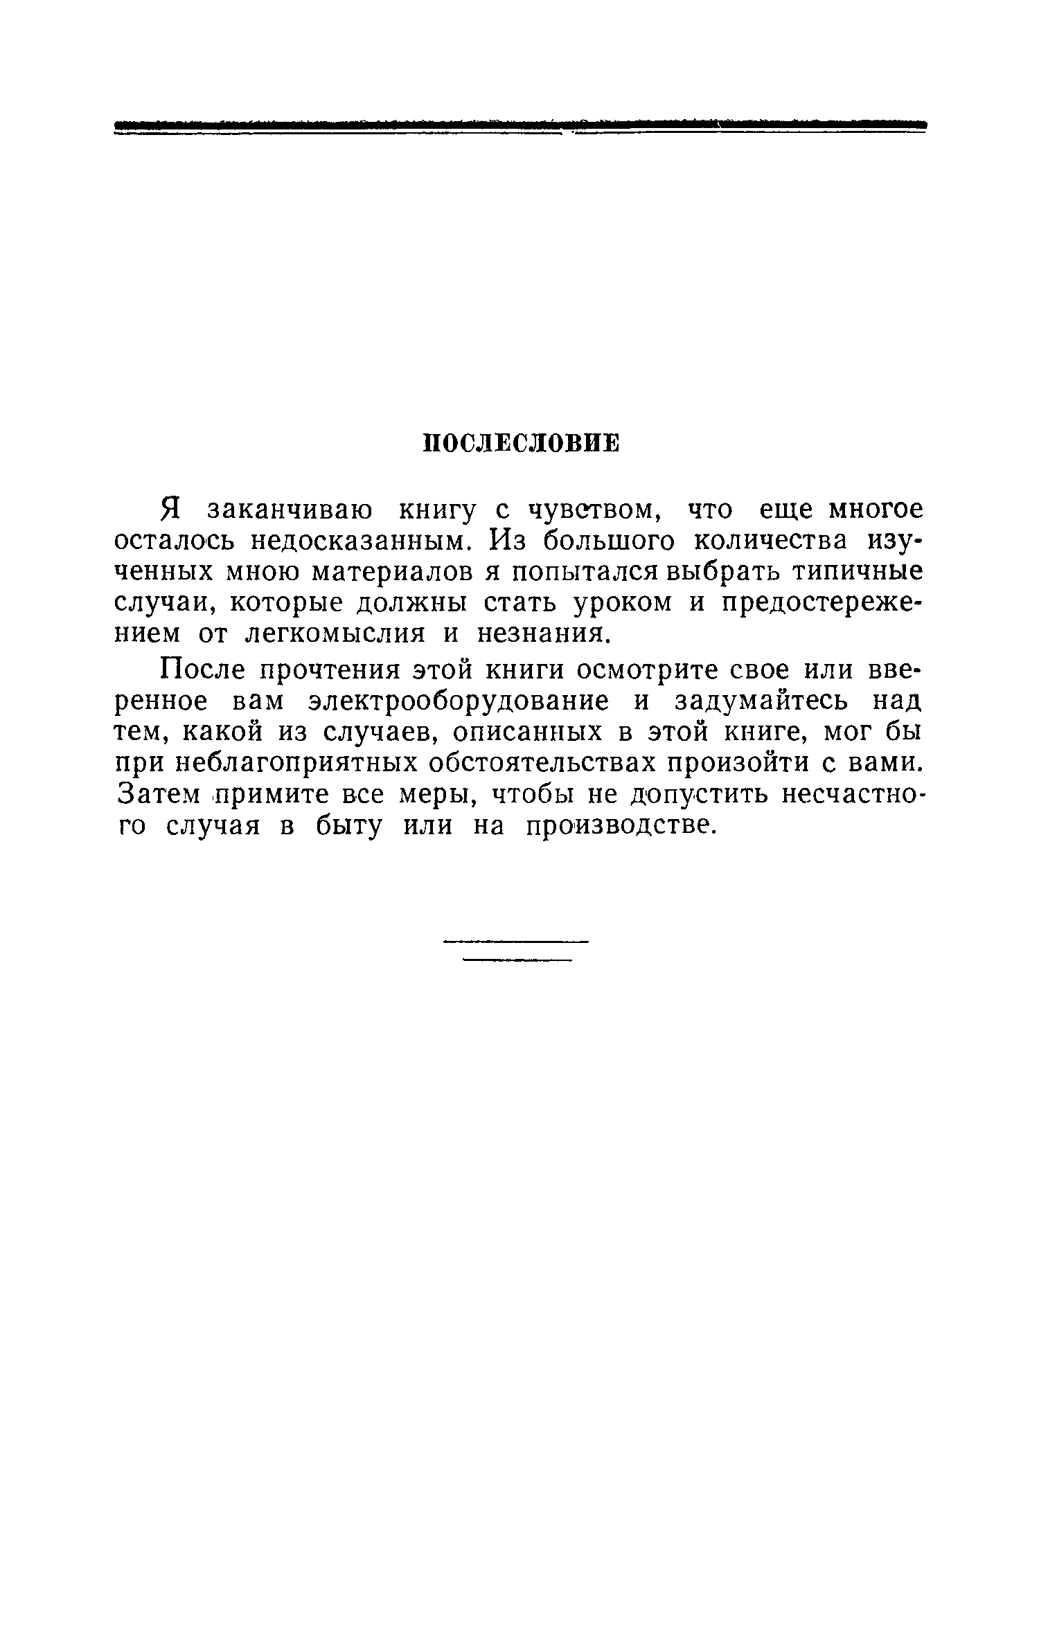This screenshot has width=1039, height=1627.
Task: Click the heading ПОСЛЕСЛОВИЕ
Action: (x=520, y=444)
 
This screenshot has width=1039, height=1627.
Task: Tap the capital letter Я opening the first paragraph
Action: (x=171, y=510)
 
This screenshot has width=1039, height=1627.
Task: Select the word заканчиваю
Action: (x=289, y=511)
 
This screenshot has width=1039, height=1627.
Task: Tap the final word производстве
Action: (x=619, y=826)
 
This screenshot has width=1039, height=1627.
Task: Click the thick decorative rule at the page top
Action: (x=519, y=125)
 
